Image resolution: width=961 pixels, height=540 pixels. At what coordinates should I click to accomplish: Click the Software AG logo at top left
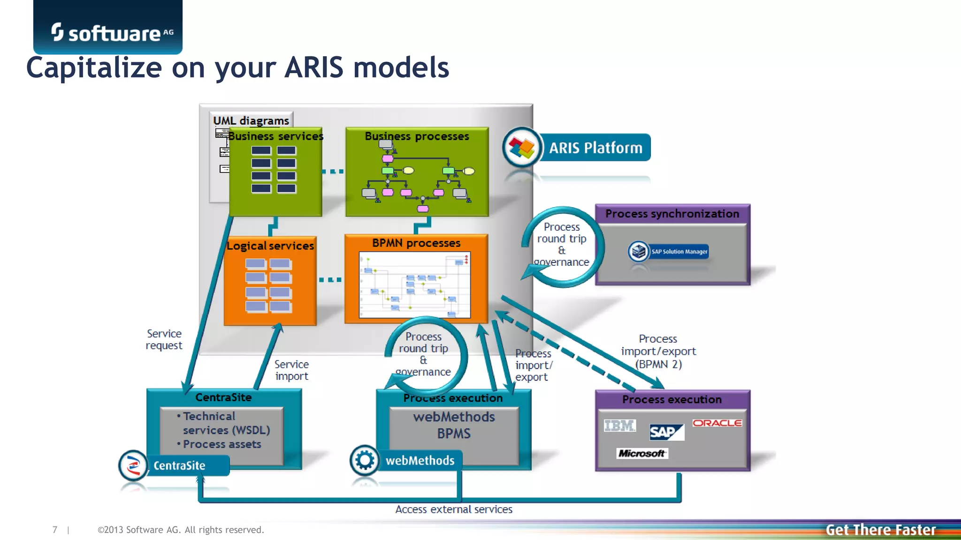(112, 33)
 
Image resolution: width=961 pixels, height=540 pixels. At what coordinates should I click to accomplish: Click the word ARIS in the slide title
(313, 67)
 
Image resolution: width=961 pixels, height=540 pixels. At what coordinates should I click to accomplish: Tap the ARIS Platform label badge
(595, 148)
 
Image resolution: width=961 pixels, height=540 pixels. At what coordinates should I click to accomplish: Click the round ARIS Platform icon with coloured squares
(521, 148)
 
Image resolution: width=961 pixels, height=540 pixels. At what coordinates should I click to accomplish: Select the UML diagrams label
(251, 120)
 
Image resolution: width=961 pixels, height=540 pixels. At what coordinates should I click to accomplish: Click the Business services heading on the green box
(276, 136)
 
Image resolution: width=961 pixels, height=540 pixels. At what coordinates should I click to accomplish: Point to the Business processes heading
(417, 136)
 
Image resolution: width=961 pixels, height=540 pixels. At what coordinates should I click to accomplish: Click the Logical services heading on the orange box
(270, 246)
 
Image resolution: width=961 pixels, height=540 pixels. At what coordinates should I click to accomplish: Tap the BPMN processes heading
(416, 243)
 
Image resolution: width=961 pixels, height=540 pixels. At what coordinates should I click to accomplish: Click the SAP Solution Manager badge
(668, 252)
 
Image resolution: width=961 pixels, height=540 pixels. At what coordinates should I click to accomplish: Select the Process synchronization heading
(672, 214)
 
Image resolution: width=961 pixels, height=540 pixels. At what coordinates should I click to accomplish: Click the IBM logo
(619, 426)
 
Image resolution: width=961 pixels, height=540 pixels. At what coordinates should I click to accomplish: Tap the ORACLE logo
(717, 423)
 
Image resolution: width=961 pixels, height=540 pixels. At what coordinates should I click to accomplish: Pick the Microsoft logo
(641, 453)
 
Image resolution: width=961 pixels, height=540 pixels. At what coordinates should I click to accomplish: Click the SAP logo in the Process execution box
(666, 432)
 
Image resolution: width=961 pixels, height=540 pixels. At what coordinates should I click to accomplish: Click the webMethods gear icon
(365, 460)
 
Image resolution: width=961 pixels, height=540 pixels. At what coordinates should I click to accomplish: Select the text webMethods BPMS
(454, 425)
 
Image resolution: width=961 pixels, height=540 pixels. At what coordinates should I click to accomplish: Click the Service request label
(164, 339)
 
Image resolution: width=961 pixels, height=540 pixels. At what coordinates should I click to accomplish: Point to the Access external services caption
(454, 510)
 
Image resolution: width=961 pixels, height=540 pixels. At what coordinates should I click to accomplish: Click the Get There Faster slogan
(880, 530)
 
